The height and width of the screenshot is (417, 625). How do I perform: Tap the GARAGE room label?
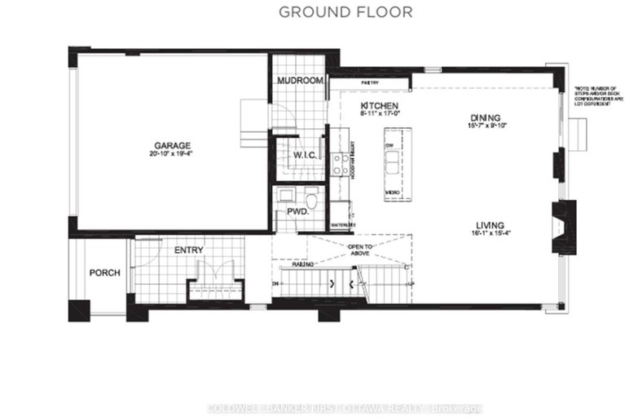click(171, 145)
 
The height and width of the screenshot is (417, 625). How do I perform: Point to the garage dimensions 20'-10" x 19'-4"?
click(171, 154)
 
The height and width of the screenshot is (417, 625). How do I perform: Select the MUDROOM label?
click(301, 82)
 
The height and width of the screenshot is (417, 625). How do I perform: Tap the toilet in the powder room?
click(311, 198)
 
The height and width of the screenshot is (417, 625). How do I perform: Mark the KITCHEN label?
click(380, 107)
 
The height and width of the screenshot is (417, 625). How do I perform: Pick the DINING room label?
click(485, 118)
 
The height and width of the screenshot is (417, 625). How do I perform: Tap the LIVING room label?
click(486, 226)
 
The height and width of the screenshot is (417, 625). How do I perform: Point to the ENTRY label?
click(188, 251)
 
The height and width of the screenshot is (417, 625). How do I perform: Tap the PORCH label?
click(105, 273)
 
